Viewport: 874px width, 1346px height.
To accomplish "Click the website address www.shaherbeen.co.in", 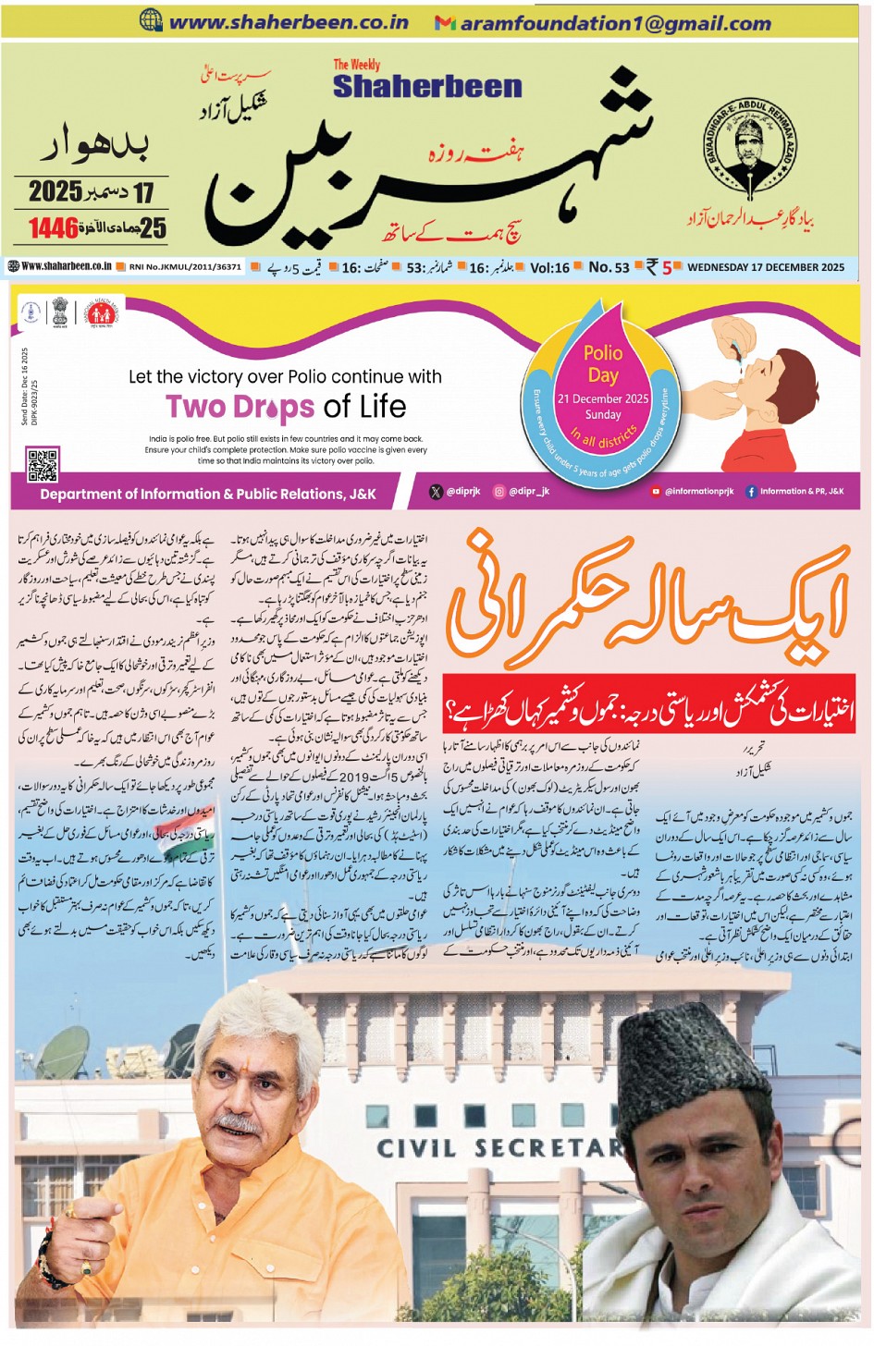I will pos(288,22).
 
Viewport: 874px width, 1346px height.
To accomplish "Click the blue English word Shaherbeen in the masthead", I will pos(427,86).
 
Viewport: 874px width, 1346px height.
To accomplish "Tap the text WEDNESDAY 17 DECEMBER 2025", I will pos(766,267).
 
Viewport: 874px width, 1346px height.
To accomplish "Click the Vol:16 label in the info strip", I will pos(549,267).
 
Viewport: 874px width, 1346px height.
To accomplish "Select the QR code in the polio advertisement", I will pos(43,465).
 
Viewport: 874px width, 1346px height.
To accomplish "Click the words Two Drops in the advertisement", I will pos(241,406).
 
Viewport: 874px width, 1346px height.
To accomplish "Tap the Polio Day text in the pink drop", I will pos(603,363).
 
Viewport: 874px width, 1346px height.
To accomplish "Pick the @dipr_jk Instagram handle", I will pos(528,492).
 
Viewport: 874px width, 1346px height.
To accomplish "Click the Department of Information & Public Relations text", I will pos(208,494).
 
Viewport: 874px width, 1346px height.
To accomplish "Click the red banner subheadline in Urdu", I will pos(647,711).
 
